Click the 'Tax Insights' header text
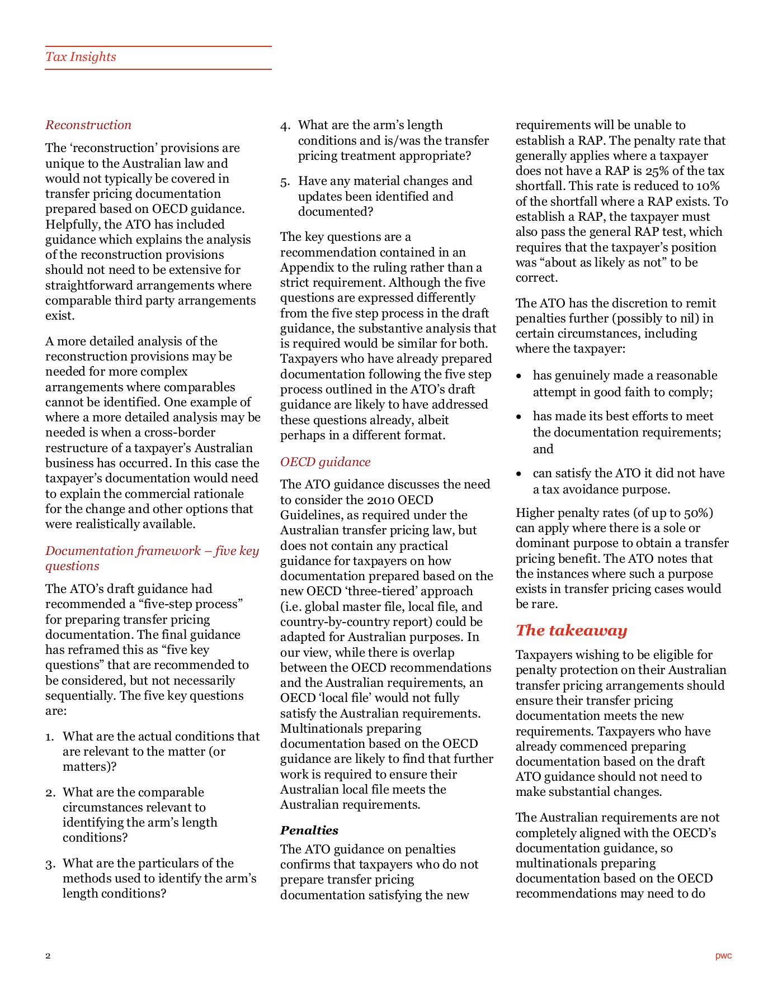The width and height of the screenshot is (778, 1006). (x=81, y=57)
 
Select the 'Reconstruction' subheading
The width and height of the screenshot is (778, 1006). (x=88, y=125)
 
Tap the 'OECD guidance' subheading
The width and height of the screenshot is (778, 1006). (x=325, y=462)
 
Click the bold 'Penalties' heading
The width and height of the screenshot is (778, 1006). (x=309, y=831)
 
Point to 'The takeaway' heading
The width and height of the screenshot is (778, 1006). (x=571, y=630)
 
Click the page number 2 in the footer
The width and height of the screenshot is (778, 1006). (x=48, y=956)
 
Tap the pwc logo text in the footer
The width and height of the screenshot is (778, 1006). (x=723, y=956)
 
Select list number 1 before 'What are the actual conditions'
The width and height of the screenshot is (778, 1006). (x=50, y=737)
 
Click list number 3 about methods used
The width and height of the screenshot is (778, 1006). (x=50, y=864)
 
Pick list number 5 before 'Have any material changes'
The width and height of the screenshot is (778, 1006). (x=285, y=182)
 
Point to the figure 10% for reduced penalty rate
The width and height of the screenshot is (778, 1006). (x=708, y=186)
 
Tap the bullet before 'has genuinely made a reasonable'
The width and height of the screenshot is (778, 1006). (x=519, y=376)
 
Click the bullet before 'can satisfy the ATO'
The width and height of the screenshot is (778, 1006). (x=519, y=474)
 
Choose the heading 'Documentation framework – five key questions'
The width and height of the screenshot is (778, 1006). (x=152, y=558)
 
